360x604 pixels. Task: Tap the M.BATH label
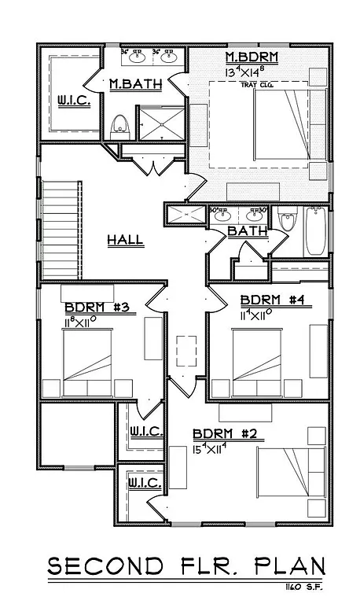coord(134,84)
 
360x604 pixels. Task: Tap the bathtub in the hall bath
coord(315,230)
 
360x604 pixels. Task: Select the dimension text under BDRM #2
coord(211,450)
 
